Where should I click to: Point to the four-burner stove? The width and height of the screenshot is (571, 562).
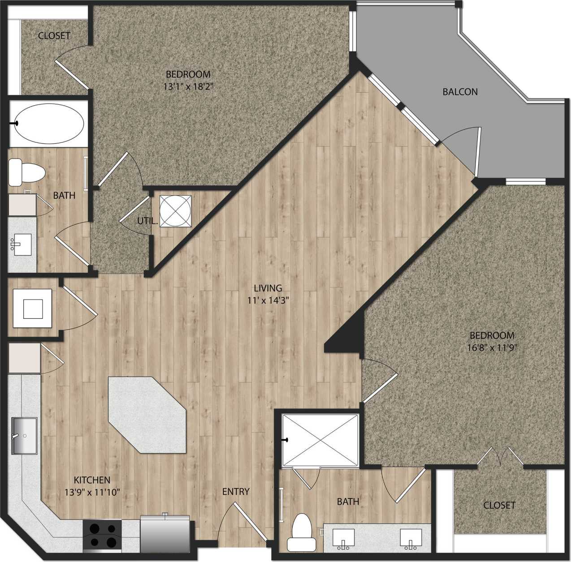pos(102,536)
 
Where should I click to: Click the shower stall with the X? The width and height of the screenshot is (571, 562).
pos(320,440)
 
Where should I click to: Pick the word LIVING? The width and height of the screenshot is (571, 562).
pos(268,288)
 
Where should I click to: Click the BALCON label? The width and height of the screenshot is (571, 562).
pos(460,92)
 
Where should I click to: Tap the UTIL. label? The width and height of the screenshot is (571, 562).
pos(147,221)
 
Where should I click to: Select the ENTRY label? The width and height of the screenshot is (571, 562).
pos(236,492)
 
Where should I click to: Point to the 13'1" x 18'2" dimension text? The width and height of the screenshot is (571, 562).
pos(188,86)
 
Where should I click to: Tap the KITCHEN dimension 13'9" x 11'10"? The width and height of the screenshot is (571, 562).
pos(92,493)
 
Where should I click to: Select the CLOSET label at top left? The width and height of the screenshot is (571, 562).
pos(54,35)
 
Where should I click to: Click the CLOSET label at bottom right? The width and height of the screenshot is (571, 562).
pos(499,505)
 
